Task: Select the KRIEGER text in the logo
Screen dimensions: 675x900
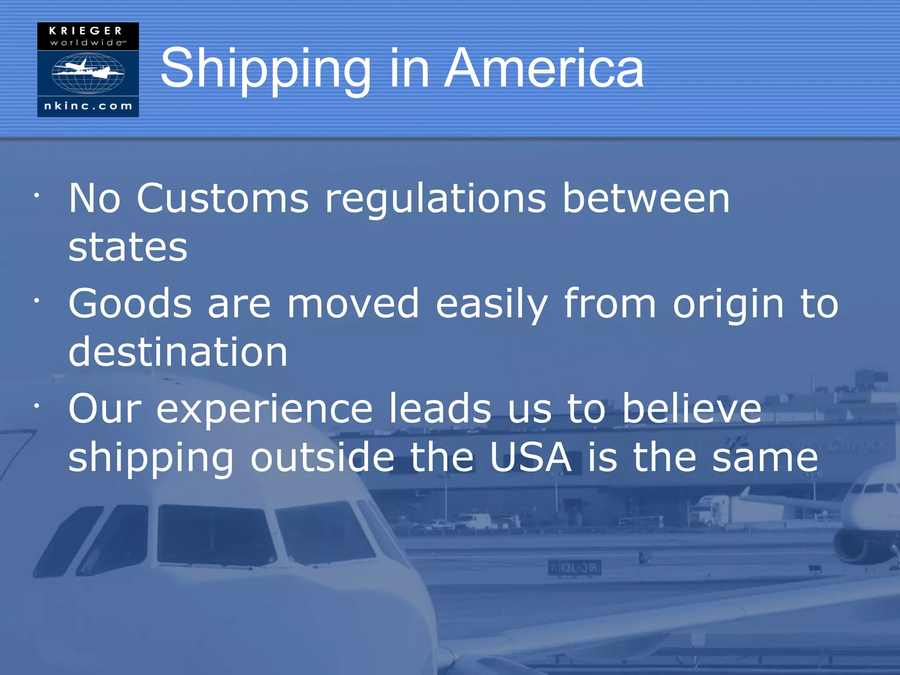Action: click(x=86, y=31)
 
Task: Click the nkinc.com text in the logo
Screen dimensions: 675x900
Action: click(x=88, y=106)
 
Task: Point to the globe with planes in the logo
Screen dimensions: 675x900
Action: click(x=88, y=73)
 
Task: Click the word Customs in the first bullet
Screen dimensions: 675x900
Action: click(x=223, y=199)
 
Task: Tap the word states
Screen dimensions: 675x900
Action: click(x=128, y=247)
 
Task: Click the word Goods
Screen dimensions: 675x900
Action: click(x=130, y=304)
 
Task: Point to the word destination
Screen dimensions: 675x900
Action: click(x=178, y=352)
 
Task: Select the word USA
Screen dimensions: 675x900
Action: click(x=530, y=457)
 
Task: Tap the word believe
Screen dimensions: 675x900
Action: click(x=692, y=409)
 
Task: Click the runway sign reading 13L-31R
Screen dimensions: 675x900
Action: click(x=574, y=568)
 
